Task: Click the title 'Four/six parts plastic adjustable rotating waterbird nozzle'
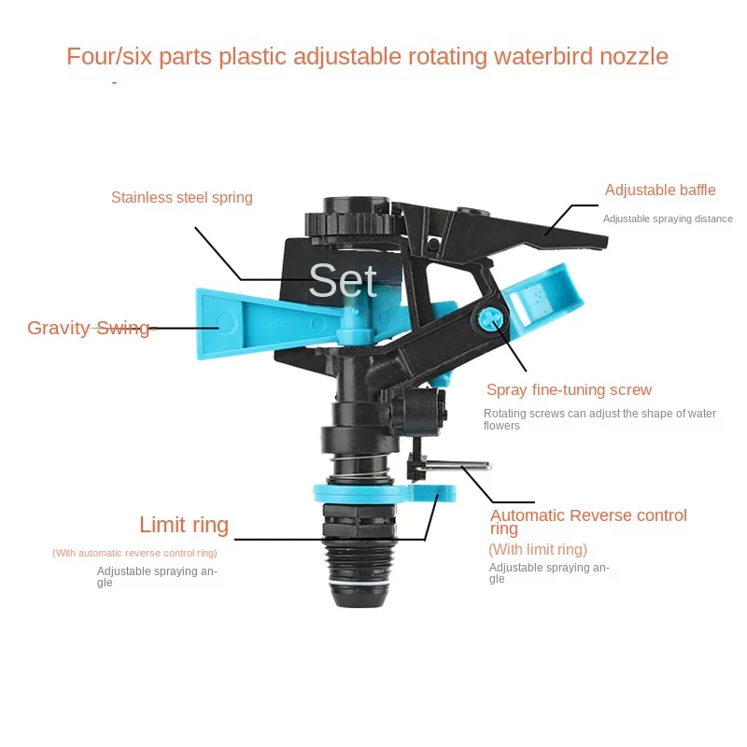pos(367,56)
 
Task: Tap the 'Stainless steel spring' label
pos(181,197)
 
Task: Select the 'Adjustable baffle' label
pos(659,190)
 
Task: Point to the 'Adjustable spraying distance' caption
pos(667,218)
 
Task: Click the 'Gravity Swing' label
pos(88,328)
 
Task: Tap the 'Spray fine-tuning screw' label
pos(569,389)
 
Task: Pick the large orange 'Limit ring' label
pos(184,524)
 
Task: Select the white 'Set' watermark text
pos(343,280)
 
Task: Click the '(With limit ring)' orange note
pos(538,549)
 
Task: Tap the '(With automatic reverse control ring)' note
pos(134,553)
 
